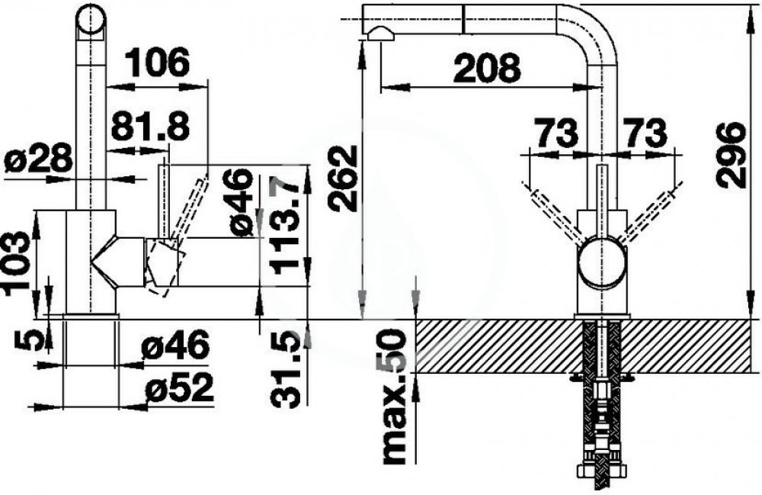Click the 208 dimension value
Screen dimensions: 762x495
pos(486,69)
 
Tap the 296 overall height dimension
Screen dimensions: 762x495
pos(731,155)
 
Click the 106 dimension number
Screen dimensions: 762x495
pos(157,63)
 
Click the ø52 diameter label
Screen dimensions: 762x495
pos(179,387)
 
